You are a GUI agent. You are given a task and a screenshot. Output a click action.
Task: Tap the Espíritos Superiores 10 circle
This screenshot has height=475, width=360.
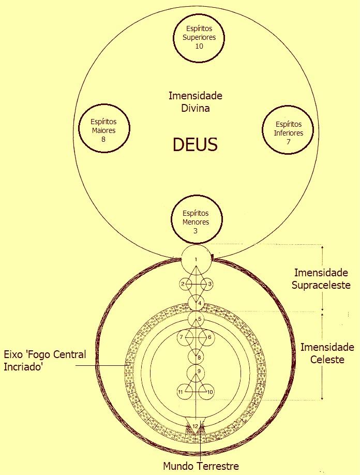point(199,37)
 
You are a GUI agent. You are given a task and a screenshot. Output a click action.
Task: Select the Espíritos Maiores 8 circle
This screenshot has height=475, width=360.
point(103,130)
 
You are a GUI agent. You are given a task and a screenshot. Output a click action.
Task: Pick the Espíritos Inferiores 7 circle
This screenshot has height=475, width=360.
point(288,131)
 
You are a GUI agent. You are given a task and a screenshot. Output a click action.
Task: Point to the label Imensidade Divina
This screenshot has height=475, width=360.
point(196,102)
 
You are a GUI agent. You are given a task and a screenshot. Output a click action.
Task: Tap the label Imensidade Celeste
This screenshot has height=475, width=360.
point(327,353)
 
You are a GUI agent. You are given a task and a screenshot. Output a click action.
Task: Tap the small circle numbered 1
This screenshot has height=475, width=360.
point(196,259)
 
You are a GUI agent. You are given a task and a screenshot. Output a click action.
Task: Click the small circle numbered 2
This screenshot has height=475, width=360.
point(183,284)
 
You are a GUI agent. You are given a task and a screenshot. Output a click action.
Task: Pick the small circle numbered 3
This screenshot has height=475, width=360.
point(209,284)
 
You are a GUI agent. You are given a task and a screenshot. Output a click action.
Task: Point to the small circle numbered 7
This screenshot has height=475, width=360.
point(182,337)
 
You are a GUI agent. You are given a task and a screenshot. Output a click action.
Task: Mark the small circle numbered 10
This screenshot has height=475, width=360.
point(210,392)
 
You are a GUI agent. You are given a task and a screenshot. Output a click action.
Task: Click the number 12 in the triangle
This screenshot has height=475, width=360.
point(196,425)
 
